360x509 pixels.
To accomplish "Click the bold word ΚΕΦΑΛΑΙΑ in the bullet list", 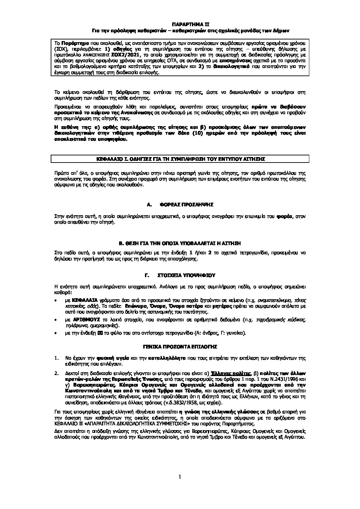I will click(x=84, y=300).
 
